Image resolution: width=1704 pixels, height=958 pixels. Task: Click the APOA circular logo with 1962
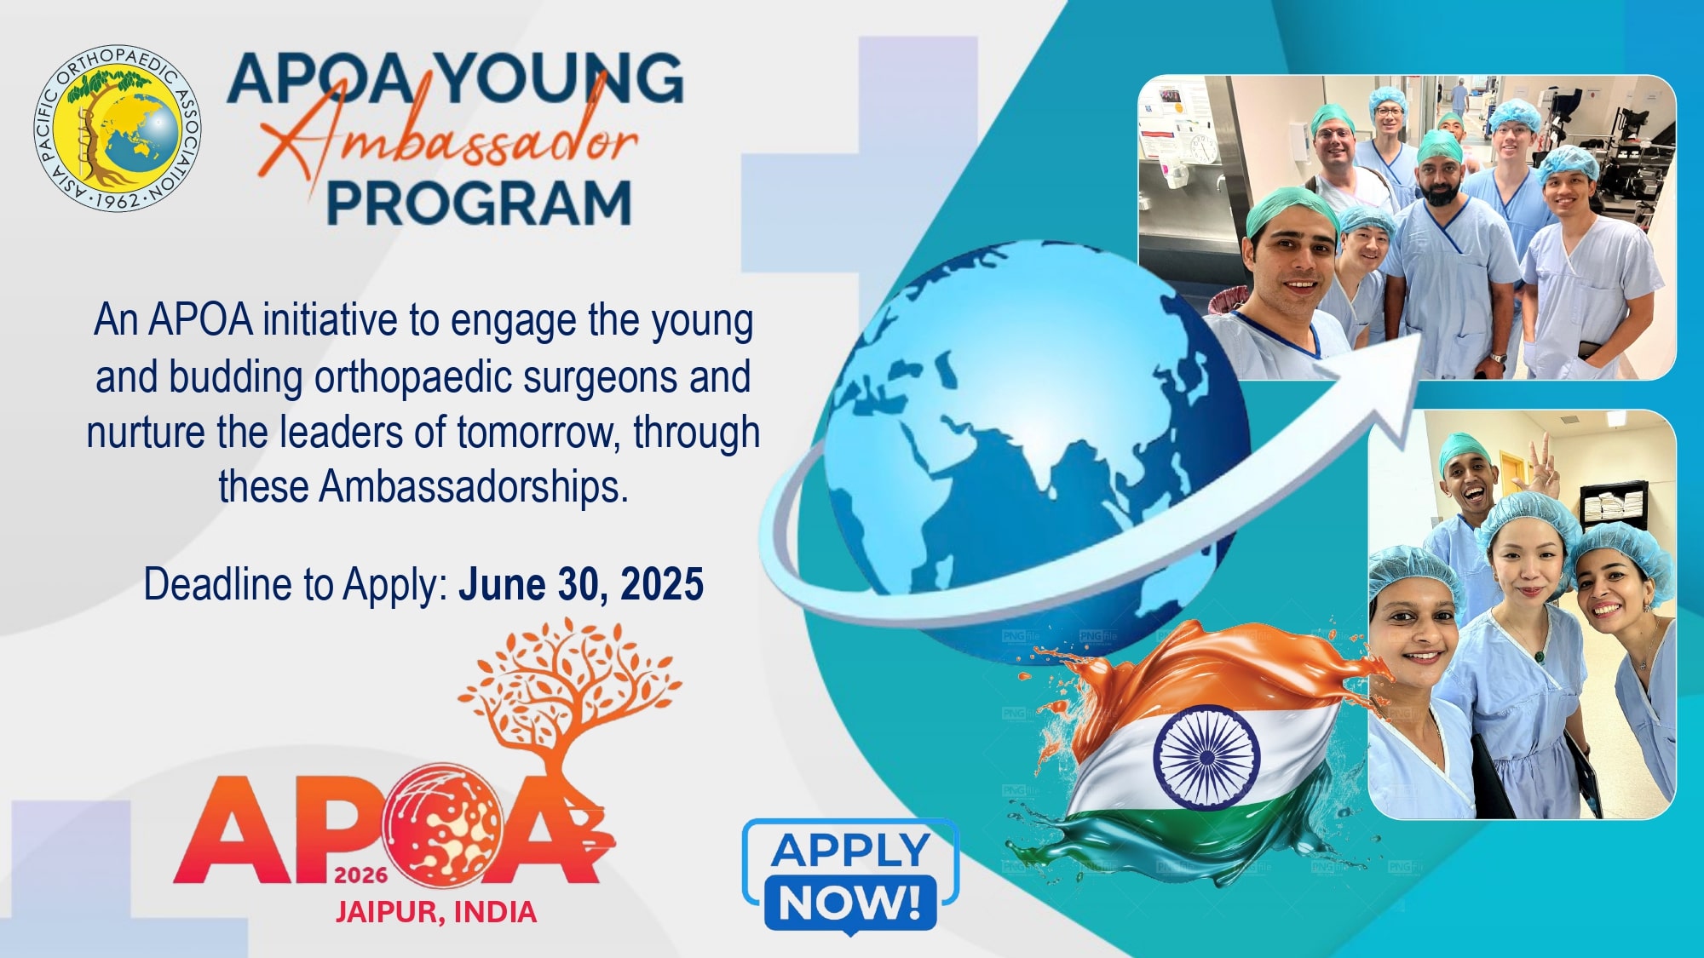pyautogui.click(x=118, y=128)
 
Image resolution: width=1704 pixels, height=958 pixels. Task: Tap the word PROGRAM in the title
pyautogui.click(x=479, y=204)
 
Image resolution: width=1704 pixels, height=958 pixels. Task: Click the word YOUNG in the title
pyautogui.click(x=561, y=79)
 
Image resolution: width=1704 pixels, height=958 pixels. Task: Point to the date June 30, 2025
pyautogui.click(x=581, y=584)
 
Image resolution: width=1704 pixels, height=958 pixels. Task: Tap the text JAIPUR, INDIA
pyautogui.click(x=435, y=912)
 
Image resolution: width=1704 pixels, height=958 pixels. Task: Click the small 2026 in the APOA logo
pyautogui.click(x=361, y=875)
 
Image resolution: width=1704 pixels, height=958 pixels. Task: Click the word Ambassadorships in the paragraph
pyautogui.click(x=473, y=488)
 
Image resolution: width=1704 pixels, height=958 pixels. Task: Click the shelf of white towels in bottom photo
pyautogui.click(x=1613, y=505)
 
